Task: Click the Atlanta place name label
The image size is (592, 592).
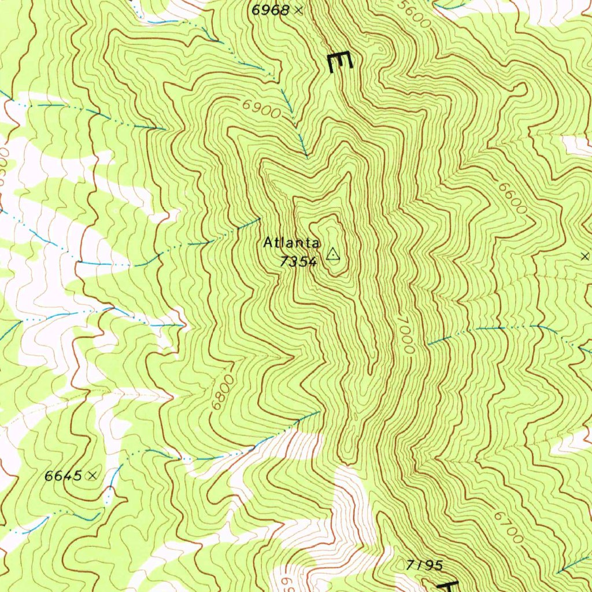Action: pyautogui.click(x=292, y=243)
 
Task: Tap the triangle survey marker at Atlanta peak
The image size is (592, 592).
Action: pyautogui.click(x=332, y=254)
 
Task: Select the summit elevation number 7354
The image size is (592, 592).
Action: pyautogui.click(x=298, y=262)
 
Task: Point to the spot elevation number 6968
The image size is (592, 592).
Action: pyautogui.click(x=271, y=10)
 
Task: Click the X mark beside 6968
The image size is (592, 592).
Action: pyautogui.click(x=298, y=10)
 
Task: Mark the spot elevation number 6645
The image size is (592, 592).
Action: pyautogui.click(x=63, y=476)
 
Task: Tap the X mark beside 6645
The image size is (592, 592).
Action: pyautogui.click(x=92, y=476)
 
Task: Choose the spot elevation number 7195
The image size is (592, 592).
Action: pyautogui.click(x=424, y=565)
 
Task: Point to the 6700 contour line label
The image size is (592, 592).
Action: pyautogui.click(x=509, y=527)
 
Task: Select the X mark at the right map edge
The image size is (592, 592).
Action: pyautogui.click(x=584, y=256)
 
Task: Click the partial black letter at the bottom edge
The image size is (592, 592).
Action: pyautogui.click(x=448, y=585)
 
